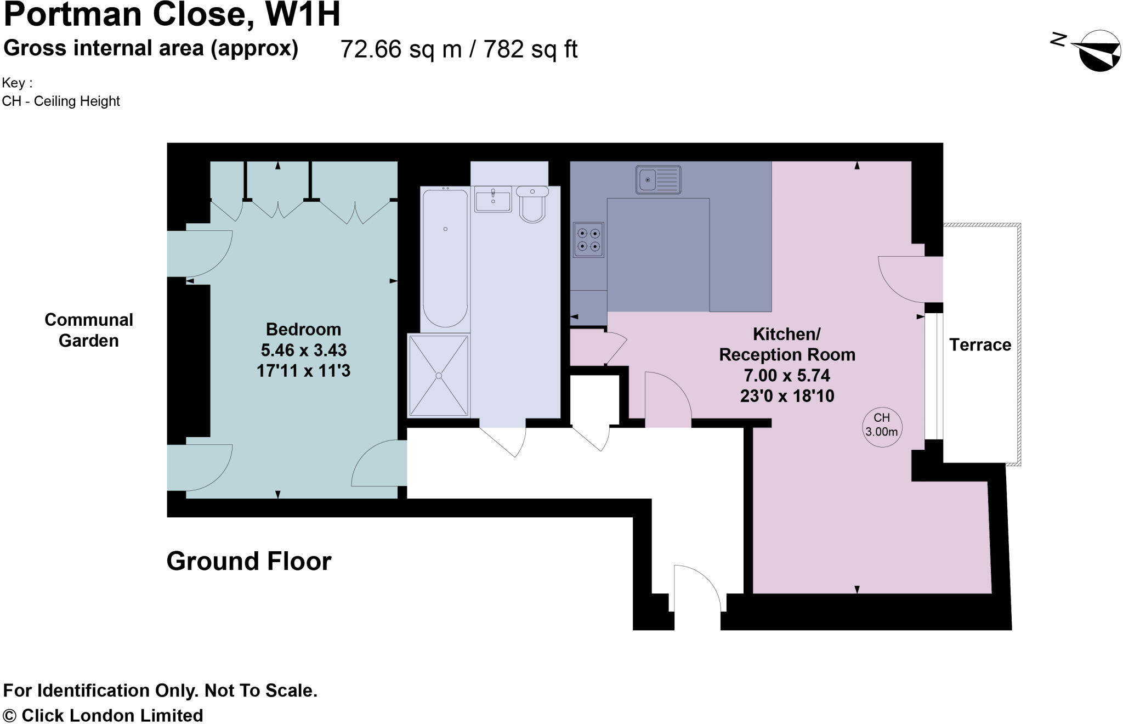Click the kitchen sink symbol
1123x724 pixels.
click(x=658, y=179)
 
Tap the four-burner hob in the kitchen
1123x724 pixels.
click(x=588, y=240)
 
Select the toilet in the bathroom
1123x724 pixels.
click(x=532, y=204)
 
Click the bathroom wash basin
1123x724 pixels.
click(x=493, y=199)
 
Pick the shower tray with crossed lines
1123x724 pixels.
click(x=439, y=376)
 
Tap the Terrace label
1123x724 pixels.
click(x=980, y=345)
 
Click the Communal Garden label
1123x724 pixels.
click(x=89, y=330)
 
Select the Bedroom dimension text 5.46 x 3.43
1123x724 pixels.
click(x=303, y=350)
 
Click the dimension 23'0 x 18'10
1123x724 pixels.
click(x=787, y=396)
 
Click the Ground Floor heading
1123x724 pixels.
click(x=249, y=561)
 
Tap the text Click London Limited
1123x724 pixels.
click(x=112, y=715)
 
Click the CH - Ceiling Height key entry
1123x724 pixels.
click(x=61, y=101)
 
